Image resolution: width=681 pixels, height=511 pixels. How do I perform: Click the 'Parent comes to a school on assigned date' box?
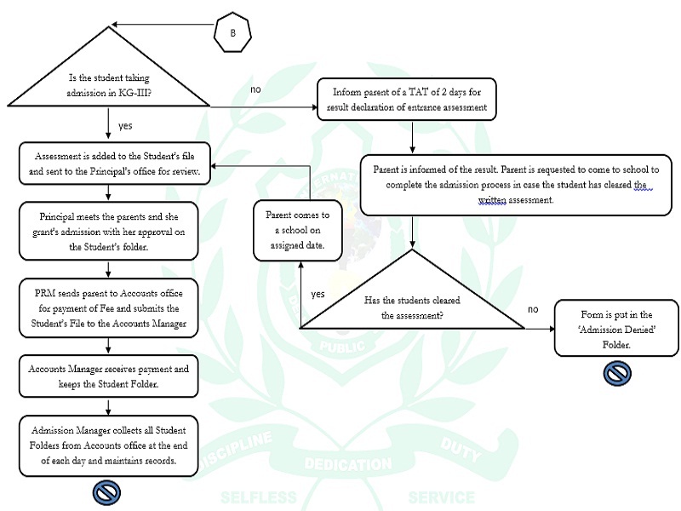point(296,229)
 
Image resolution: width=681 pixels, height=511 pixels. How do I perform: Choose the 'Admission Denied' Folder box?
point(616,328)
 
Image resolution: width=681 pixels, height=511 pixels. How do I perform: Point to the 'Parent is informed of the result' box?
point(517,184)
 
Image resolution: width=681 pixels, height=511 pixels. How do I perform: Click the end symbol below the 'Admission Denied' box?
point(616,372)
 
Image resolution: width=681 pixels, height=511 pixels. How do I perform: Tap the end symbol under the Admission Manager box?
point(107,491)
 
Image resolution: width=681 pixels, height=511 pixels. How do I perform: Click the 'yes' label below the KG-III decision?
point(125,125)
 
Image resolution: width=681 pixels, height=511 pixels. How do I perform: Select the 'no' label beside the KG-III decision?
point(256,89)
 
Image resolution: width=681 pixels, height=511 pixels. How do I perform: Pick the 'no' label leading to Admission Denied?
point(533,308)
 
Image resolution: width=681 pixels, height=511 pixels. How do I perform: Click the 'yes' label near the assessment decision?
point(318,294)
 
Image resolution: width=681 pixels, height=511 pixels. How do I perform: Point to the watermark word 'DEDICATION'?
point(347,465)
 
